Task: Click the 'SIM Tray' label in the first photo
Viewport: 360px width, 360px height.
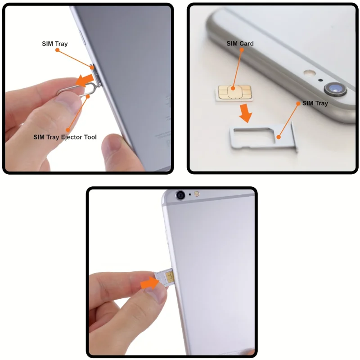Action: (x=54, y=44)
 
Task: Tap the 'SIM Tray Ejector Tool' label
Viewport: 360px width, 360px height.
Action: (x=65, y=137)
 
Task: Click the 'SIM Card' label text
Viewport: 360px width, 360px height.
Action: (x=240, y=44)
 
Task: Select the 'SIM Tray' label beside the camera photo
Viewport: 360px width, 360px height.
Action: (x=315, y=103)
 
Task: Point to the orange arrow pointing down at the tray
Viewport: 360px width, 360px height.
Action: (x=245, y=113)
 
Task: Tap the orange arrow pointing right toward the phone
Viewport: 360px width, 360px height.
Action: (x=149, y=283)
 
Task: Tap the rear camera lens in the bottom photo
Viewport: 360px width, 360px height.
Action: (x=180, y=195)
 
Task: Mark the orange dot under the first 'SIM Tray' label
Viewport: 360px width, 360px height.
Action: (x=57, y=50)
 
